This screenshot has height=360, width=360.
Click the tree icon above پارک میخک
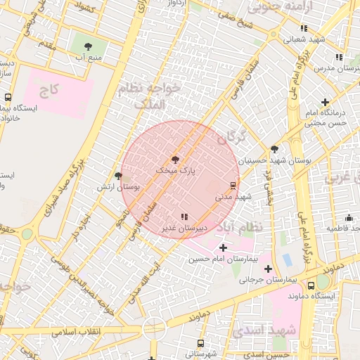(x=175, y=160)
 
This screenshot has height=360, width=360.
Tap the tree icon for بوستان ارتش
(x=117, y=176)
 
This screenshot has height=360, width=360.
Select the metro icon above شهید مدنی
(x=233, y=186)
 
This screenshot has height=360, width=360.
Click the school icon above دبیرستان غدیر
(x=184, y=217)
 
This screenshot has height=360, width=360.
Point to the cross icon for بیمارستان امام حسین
(x=223, y=247)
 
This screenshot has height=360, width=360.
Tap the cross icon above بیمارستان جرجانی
(x=268, y=269)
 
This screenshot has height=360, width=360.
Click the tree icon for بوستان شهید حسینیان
(x=274, y=149)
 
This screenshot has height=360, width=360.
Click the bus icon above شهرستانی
(x=200, y=344)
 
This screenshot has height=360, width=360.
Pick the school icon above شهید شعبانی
(x=304, y=29)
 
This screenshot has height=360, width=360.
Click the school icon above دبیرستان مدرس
(x=339, y=57)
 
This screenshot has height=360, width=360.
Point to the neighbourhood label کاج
(x=48, y=89)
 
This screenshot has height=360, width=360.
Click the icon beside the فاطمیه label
(x=349, y=218)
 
